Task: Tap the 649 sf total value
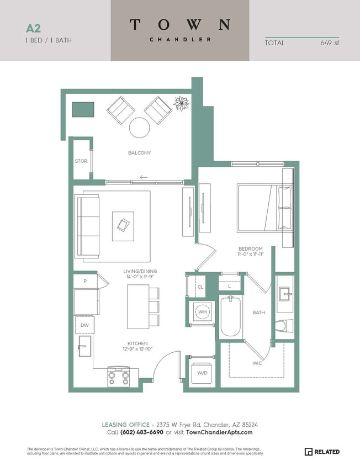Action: click(330, 43)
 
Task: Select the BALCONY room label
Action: click(139, 153)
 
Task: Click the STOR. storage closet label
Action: click(82, 161)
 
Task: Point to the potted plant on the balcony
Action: click(181, 103)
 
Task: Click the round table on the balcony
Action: click(139, 128)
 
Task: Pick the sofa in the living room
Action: click(87, 226)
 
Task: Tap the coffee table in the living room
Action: click(123, 225)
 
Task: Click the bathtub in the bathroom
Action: click(230, 316)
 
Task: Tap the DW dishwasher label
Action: click(84, 325)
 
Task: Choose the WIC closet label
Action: click(257, 363)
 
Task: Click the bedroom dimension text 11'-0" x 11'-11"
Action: click(250, 255)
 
